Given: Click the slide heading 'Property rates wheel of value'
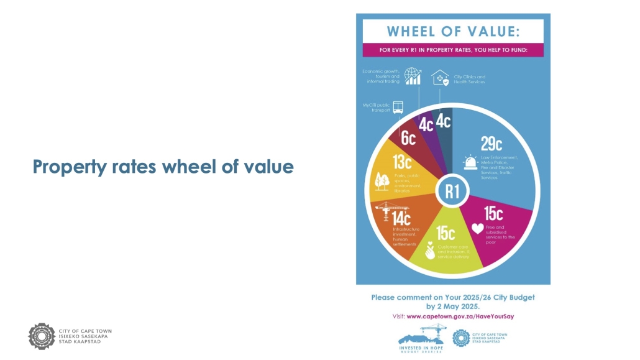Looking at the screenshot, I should [x=163, y=167].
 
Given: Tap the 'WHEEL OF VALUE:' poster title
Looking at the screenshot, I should [x=453, y=32].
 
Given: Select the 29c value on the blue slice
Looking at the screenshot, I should [x=491, y=144].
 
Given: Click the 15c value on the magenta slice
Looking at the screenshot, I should [x=493, y=213].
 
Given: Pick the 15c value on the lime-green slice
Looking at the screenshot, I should [x=446, y=234].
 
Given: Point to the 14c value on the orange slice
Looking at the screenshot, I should [x=401, y=218].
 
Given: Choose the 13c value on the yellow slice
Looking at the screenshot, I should [x=402, y=163].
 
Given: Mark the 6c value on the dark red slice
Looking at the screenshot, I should [x=408, y=138].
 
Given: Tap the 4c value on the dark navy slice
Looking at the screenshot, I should [x=443, y=121].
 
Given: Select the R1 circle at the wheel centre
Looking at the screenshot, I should [x=452, y=192].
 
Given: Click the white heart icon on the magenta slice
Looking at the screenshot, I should [x=477, y=229].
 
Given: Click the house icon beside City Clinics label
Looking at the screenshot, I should [x=440, y=77].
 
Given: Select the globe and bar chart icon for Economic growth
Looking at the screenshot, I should [x=413, y=76].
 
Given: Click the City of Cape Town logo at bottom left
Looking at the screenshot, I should [x=42, y=336].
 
